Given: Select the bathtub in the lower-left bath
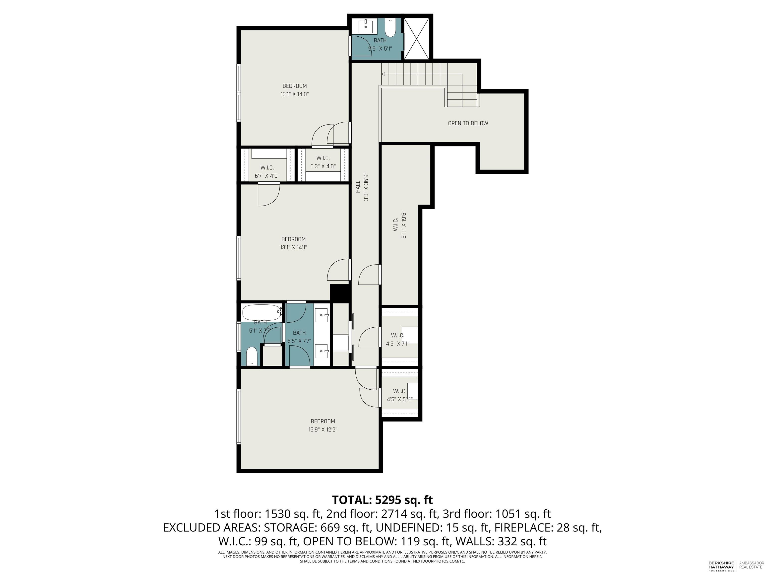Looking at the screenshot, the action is click(x=262, y=312).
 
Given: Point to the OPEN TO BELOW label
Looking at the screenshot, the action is click(x=468, y=123).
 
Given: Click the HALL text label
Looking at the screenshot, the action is click(x=358, y=187).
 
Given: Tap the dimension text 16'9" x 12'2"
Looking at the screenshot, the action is click(x=323, y=430).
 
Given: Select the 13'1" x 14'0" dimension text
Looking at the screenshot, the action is click(x=294, y=94).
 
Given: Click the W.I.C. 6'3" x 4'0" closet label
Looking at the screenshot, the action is click(x=323, y=162).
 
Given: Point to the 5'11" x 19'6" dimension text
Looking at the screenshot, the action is click(x=404, y=225).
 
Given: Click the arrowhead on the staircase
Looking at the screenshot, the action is click(x=383, y=74).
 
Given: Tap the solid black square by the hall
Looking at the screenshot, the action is click(x=340, y=293).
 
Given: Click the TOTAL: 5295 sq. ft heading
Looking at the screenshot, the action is click(x=382, y=500).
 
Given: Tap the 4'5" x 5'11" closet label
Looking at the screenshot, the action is click(x=399, y=395).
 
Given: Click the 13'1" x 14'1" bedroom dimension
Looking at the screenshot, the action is click(x=294, y=247).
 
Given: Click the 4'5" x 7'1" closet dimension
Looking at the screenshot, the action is click(x=398, y=344).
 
